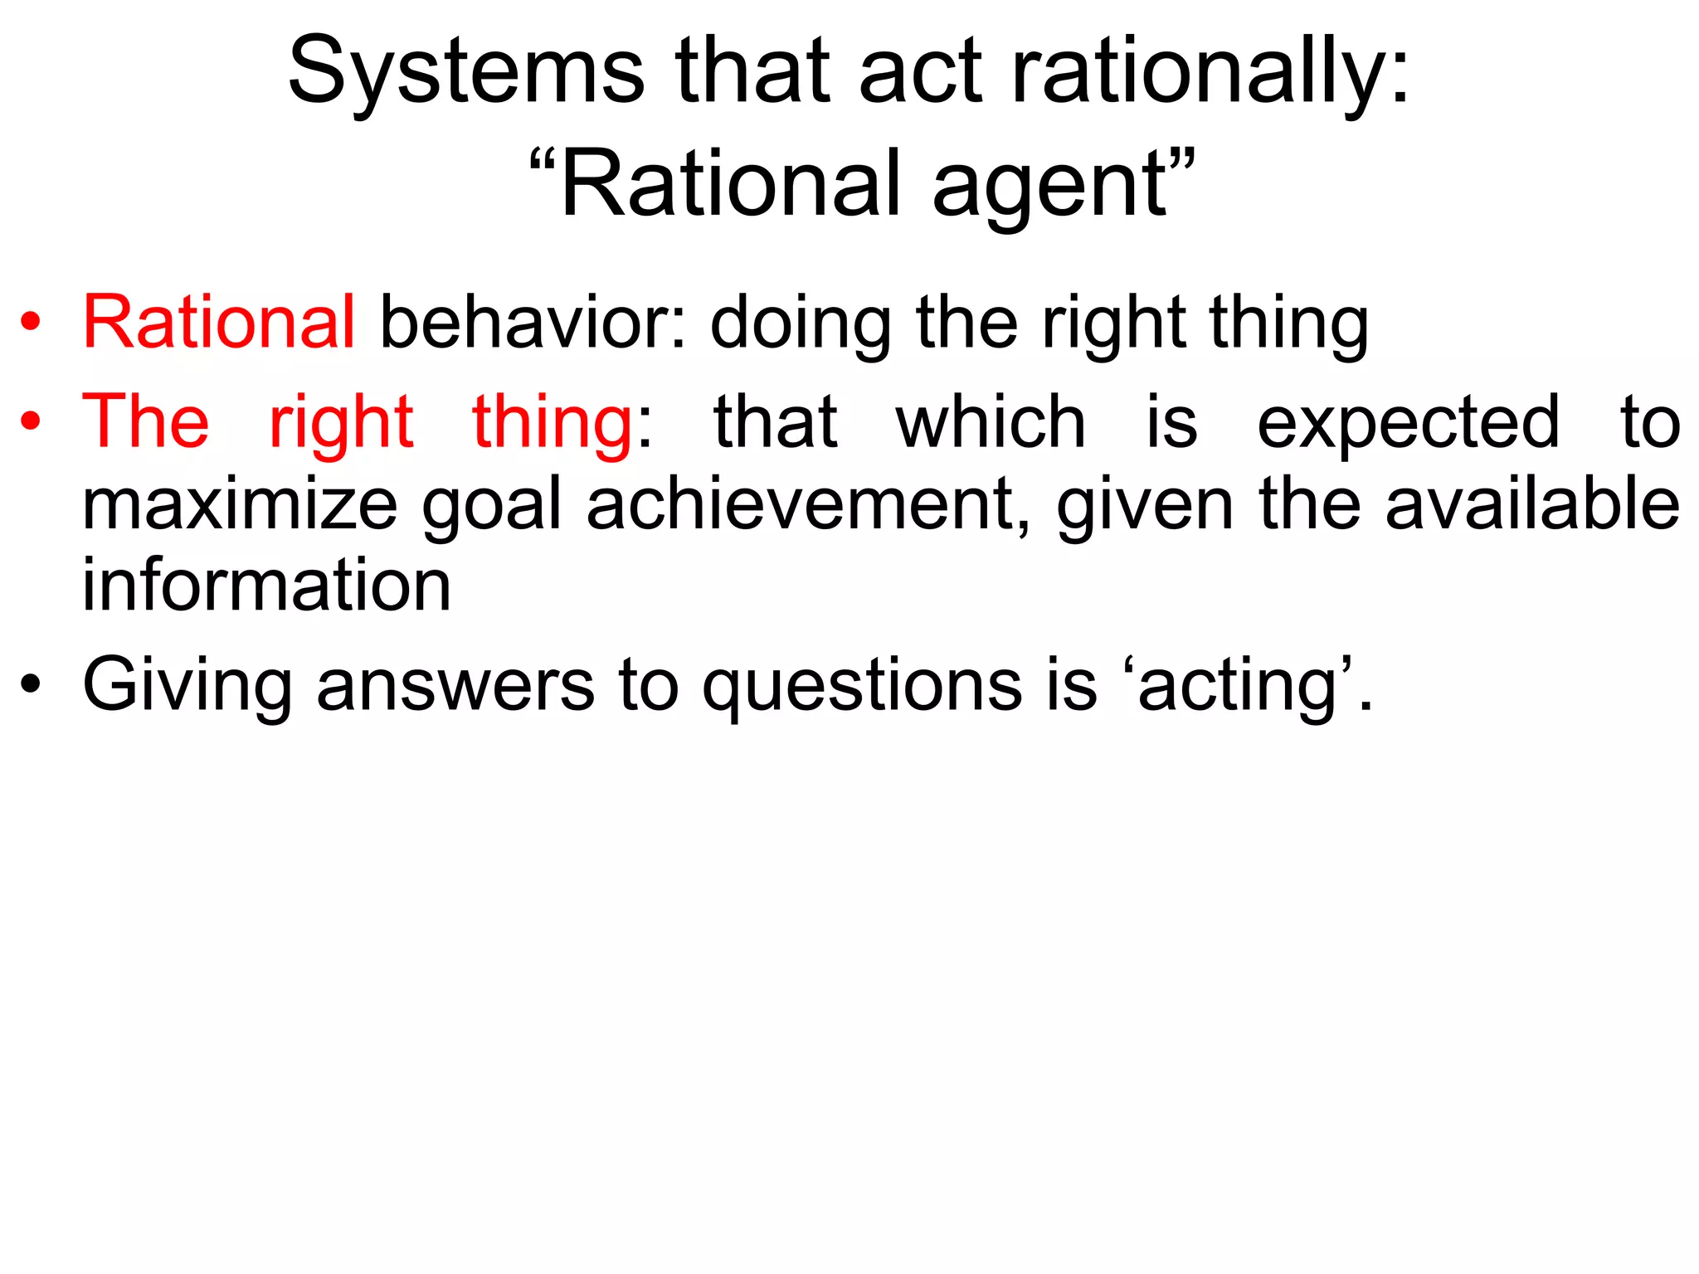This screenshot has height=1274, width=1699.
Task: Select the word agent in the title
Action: point(1049,184)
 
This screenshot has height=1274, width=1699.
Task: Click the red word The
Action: point(146,421)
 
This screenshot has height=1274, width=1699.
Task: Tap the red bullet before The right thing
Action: point(31,422)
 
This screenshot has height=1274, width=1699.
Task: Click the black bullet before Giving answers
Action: point(31,686)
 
